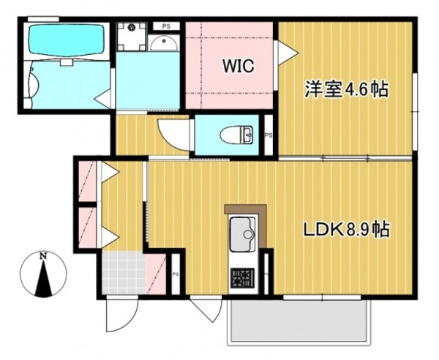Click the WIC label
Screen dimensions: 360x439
(x=238, y=67)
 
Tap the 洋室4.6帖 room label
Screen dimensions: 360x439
(x=345, y=90)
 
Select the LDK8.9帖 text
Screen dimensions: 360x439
(x=346, y=230)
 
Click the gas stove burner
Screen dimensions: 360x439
(x=241, y=277)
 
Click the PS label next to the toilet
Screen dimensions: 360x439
(x=269, y=135)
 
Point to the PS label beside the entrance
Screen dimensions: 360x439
(x=176, y=274)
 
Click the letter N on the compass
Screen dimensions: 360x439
(x=44, y=256)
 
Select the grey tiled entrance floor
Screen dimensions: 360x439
(x=123, y=271)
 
